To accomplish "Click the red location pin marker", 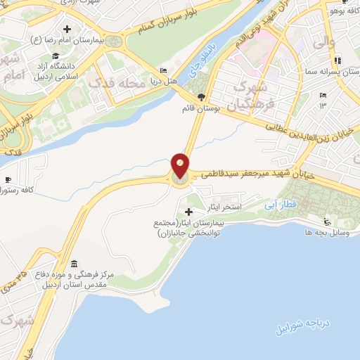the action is (180, 167).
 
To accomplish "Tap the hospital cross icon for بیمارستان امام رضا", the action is (66, 30).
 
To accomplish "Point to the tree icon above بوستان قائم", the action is (202, 97).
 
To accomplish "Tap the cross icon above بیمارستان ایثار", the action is (188, 211).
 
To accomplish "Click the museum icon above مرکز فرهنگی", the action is (75, 264).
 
